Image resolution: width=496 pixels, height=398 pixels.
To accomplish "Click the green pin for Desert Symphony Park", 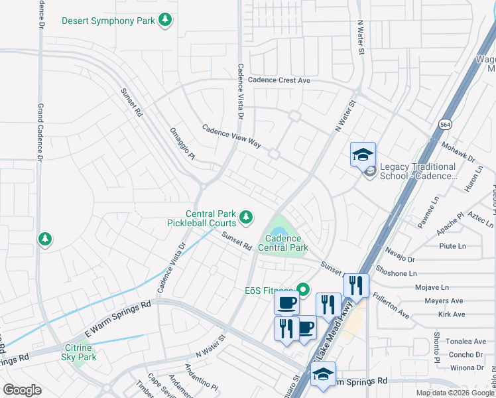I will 165,21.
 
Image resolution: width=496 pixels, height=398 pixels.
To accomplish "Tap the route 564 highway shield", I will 445,124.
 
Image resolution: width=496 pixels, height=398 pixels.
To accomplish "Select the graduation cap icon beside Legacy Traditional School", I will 363,155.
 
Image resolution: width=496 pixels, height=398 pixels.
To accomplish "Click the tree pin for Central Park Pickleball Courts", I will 246,217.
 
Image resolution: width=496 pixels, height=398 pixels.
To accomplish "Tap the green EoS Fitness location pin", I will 303,289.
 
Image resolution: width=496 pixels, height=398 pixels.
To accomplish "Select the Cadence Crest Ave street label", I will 279,80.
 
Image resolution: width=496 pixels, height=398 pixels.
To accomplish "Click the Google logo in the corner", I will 23,390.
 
